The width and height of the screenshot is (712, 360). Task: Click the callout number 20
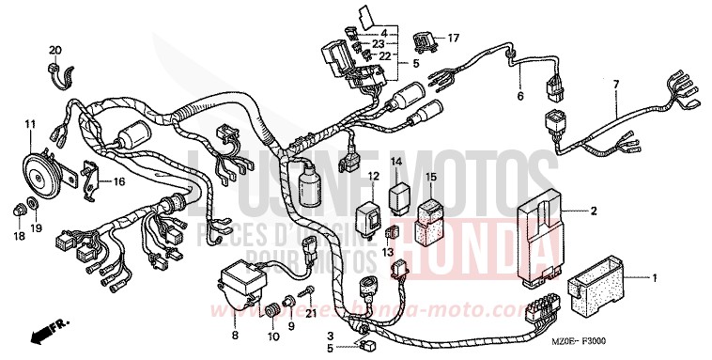pos(54,50)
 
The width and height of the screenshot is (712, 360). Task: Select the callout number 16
pos(118,180)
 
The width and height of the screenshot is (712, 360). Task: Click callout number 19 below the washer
pos(37,227)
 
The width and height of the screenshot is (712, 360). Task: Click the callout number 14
pos(396,162)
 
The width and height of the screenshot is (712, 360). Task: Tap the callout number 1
pos(655,278)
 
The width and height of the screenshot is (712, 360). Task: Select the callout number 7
pos(616,85)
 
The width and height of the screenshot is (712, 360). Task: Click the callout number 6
pos(519,96)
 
